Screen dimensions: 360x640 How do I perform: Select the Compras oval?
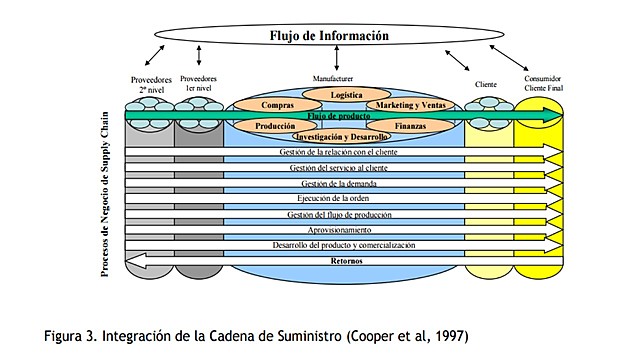click(277, 105)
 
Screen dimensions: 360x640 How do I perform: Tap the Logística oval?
click(346, 95)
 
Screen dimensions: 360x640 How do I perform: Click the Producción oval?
click(275, 127)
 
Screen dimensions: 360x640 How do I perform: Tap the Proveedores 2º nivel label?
click(150, 84)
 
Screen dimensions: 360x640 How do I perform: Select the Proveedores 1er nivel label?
click(200, 84)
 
